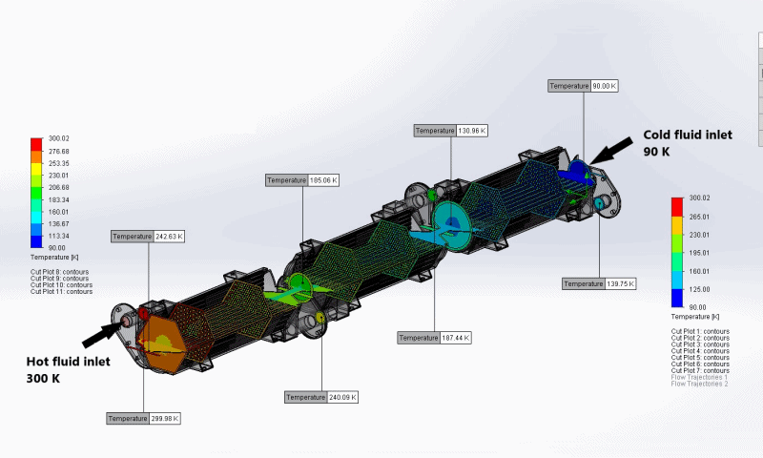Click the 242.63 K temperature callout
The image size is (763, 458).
point(148,237)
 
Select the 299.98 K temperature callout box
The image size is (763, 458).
point(143,418)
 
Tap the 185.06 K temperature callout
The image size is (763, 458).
point(303,180)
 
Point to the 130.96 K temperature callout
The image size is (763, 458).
point(451,130)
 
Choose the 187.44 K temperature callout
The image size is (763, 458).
point(435,338)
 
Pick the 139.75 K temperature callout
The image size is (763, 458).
point(598,283)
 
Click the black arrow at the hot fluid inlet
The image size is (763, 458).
point(102,333)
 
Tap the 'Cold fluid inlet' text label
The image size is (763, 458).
point(687,135)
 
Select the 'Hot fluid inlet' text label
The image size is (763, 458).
point(69,362)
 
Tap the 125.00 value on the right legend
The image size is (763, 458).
point(699,289)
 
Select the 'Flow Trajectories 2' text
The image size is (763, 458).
point(699,384)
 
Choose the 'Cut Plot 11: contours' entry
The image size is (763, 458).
point(61,292)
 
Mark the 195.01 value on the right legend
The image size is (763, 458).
point(699,253)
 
